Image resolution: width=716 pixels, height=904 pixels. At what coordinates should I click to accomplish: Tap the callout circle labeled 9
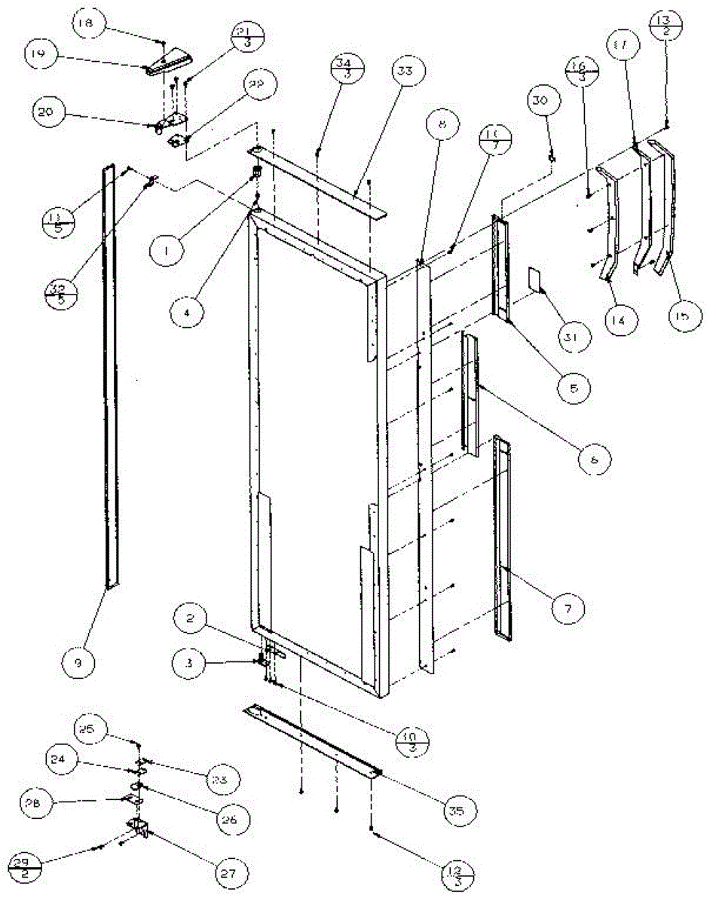tap(82, 663)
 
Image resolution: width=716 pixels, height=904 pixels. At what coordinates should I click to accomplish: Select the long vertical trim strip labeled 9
tap(110, 377)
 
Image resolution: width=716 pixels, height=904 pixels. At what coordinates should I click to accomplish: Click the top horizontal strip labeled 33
tap(317, 177)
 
